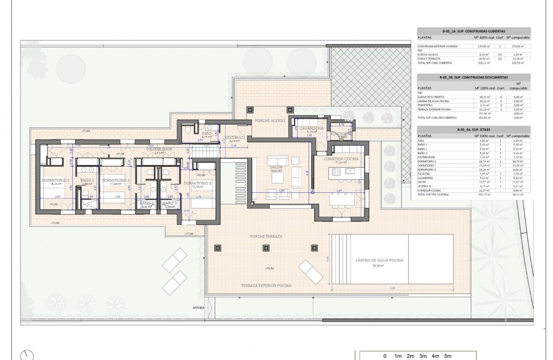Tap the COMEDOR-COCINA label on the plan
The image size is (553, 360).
tap(341, 159)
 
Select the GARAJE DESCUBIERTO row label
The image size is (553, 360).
tap(430, 97)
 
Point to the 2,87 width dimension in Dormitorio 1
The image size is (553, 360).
tap(57, 196)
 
